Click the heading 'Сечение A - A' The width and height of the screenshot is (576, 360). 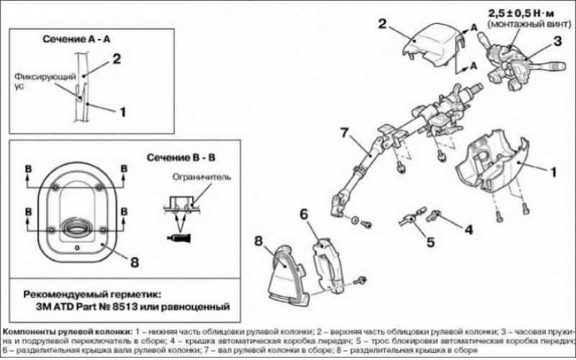pyautogui.click(x=76, y=39)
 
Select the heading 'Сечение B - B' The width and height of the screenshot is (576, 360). pyautogui.click(x=181, y=158)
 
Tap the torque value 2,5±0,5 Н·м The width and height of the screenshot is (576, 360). pyautogui.click(x=521, y=14)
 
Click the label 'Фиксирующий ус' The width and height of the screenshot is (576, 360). pyautogui.click(x=45, y=81)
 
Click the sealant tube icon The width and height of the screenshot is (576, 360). pyautogui.click(x=179, y=238)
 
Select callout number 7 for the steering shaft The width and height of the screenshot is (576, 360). pyautogui.click(x=344, y=132)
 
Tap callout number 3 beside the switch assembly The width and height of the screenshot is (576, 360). pyautogui.click(x=557, y=41)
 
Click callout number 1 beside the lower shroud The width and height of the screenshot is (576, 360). pyautogui.click(x=553, y=172)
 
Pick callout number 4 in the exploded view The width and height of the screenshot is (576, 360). pyautogui.click(x=469, y=230)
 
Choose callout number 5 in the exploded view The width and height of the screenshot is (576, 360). pyautogui.click(x=430, y=243)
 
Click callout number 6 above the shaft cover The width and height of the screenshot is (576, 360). pyautogui.click(x=304, y=215)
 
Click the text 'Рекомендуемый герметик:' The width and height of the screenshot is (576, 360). pyautogui.click(x=92, y=294)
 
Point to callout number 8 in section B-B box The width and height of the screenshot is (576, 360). pyautogui.click(x=135, y=262)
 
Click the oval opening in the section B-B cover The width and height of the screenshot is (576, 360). pyautogui.click(x=77, y=227)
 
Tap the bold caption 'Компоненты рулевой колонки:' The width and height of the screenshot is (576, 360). pyautogui.click(x=67, y=332)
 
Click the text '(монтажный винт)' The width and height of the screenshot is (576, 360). pyautogui.click(x=529, y=24)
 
